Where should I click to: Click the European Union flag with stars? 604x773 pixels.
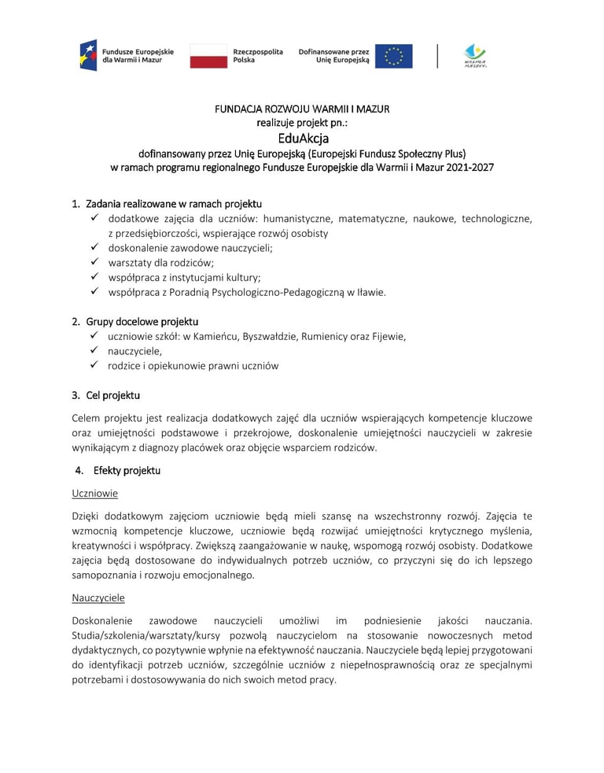pos(393,56)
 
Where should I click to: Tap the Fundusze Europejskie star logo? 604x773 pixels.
pos(88,55)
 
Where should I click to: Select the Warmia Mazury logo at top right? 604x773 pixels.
pos(475,56)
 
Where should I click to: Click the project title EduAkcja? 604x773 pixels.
pos(302,138)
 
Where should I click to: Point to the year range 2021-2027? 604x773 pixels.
pos(467,168)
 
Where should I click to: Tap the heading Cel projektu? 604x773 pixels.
pos(111,395)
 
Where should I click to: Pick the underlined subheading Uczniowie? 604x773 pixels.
pos(94,494)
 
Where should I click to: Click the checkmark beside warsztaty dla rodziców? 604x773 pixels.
pos(94,263)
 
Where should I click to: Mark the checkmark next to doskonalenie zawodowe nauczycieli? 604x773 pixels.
pos(94,248)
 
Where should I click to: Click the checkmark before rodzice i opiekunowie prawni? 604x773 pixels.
pos(94,366)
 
